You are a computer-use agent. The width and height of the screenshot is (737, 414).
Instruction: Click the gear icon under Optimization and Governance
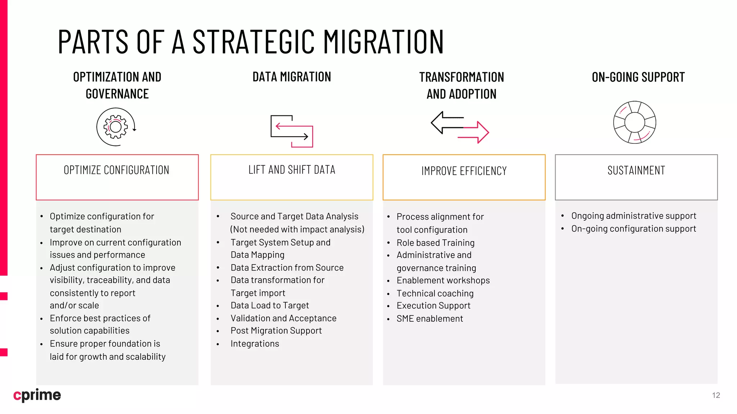pyautogui.click(x=116, y=127)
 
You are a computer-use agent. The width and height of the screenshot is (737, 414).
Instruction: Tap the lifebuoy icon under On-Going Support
pyautogui.click(x=634, y=123)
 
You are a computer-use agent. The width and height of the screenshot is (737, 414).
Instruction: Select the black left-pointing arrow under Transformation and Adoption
pyautogui.click(x=446, y=122)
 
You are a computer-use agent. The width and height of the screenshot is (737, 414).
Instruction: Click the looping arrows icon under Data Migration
pyautogui.click(x=292, y=131)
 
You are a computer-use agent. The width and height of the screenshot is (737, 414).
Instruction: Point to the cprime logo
pyautogui.click(x=37, y=395)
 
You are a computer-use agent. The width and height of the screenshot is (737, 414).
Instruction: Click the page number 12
pyautogui.click(x=716, y=395)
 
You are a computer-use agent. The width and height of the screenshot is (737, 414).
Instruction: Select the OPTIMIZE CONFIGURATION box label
pyautogui.click(x=117, y=170)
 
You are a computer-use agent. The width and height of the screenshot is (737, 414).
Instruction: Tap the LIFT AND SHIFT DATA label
pyautogui.click(x=292, y=170)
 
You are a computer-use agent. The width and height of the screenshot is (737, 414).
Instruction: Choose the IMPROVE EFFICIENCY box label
pyautogui.click(x=464, y=171)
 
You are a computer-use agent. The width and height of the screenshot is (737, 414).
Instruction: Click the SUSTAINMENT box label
pyautogui.click(x=636, y=170)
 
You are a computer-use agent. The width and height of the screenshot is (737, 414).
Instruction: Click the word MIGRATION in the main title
pyautogui.click(x=383, y=42)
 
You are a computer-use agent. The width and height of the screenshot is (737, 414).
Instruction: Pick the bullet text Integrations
pyautogui.click(x=255, y=344)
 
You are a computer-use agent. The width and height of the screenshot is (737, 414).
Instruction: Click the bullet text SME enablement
pyautogui.click(x=430, y=318)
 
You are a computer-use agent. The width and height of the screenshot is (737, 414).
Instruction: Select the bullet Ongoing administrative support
pyautogui.click(x=633, y=216)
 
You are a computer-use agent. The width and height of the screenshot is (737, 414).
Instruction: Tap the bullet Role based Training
pyautogui.click(x=435, y=243)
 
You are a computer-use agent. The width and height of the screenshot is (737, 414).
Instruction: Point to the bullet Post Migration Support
pyautogui.click(x=276, y=331)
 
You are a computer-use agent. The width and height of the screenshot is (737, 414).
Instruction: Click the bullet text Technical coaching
pyautogui.click(x=435, y=293)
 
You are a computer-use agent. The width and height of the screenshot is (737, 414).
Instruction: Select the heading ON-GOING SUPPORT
pyautogui.click(x=638, y=77)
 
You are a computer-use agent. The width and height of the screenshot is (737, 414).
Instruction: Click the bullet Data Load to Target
pyautogui.click(x=270, y=305)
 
